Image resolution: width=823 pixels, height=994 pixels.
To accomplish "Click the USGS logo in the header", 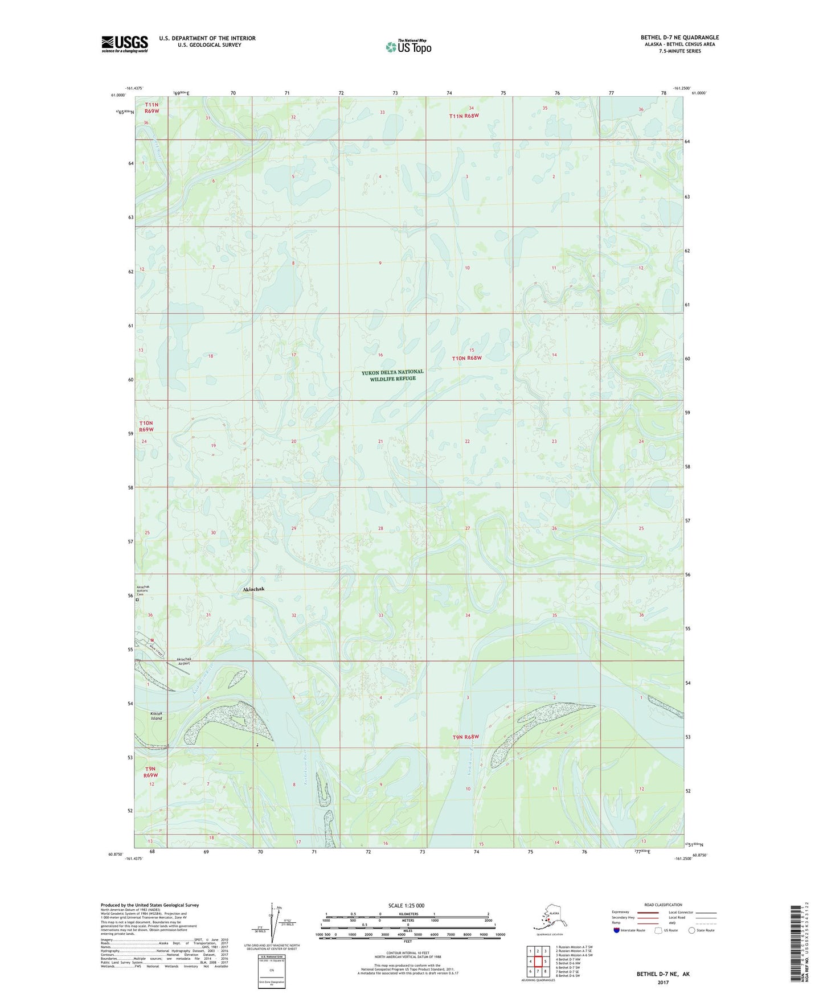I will (124, 44).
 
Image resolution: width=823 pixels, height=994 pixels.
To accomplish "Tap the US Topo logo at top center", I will (408, 46).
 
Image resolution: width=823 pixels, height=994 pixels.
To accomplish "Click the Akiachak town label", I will (249, 589).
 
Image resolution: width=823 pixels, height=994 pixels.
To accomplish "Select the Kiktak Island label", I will (156, 716).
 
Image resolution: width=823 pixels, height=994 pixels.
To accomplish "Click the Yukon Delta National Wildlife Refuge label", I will (392, 375).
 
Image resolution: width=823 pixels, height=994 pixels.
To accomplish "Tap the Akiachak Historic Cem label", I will (143, 590).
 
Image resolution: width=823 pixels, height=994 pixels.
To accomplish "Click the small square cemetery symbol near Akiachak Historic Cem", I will (137, 599).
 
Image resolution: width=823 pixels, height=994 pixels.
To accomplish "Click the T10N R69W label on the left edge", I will (146, 426).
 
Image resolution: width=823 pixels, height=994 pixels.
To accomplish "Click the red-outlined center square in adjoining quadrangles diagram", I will (538, 962).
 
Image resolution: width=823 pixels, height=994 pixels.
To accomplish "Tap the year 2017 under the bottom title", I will (662, 982).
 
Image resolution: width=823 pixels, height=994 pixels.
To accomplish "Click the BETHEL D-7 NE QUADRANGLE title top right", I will (679, 38).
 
